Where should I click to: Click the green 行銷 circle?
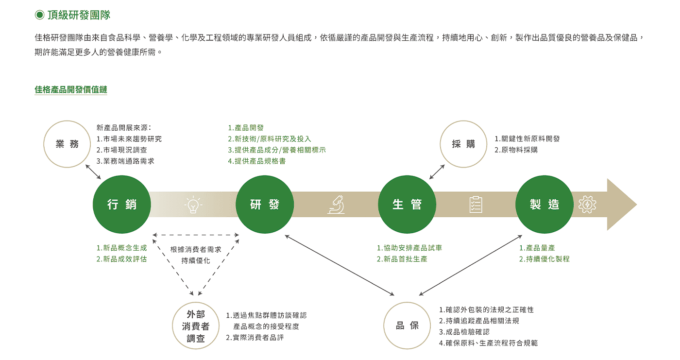(x=122, y=204)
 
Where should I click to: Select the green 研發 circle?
(x=265, y=204)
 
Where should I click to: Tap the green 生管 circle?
(x=407, y=204)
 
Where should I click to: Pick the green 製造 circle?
(x=544, y=204)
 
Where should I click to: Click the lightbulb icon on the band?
(x=193, y=205)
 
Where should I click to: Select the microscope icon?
(x=336, y=205)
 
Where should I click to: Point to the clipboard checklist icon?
(x=476, y=205)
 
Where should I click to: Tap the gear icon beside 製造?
(x=587, y=205)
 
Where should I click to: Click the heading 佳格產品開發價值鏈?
(x=71, y=89)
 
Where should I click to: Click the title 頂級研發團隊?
(x=79, y=15)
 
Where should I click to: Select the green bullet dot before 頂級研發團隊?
(x=39, y=15)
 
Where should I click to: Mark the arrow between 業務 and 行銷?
(x=93, y=172)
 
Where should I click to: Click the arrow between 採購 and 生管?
(x=437, y=172)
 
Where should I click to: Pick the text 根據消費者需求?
(x=196, y=250)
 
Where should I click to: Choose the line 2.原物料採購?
(x=516, y=150)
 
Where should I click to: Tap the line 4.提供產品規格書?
(x=257, y=161)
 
